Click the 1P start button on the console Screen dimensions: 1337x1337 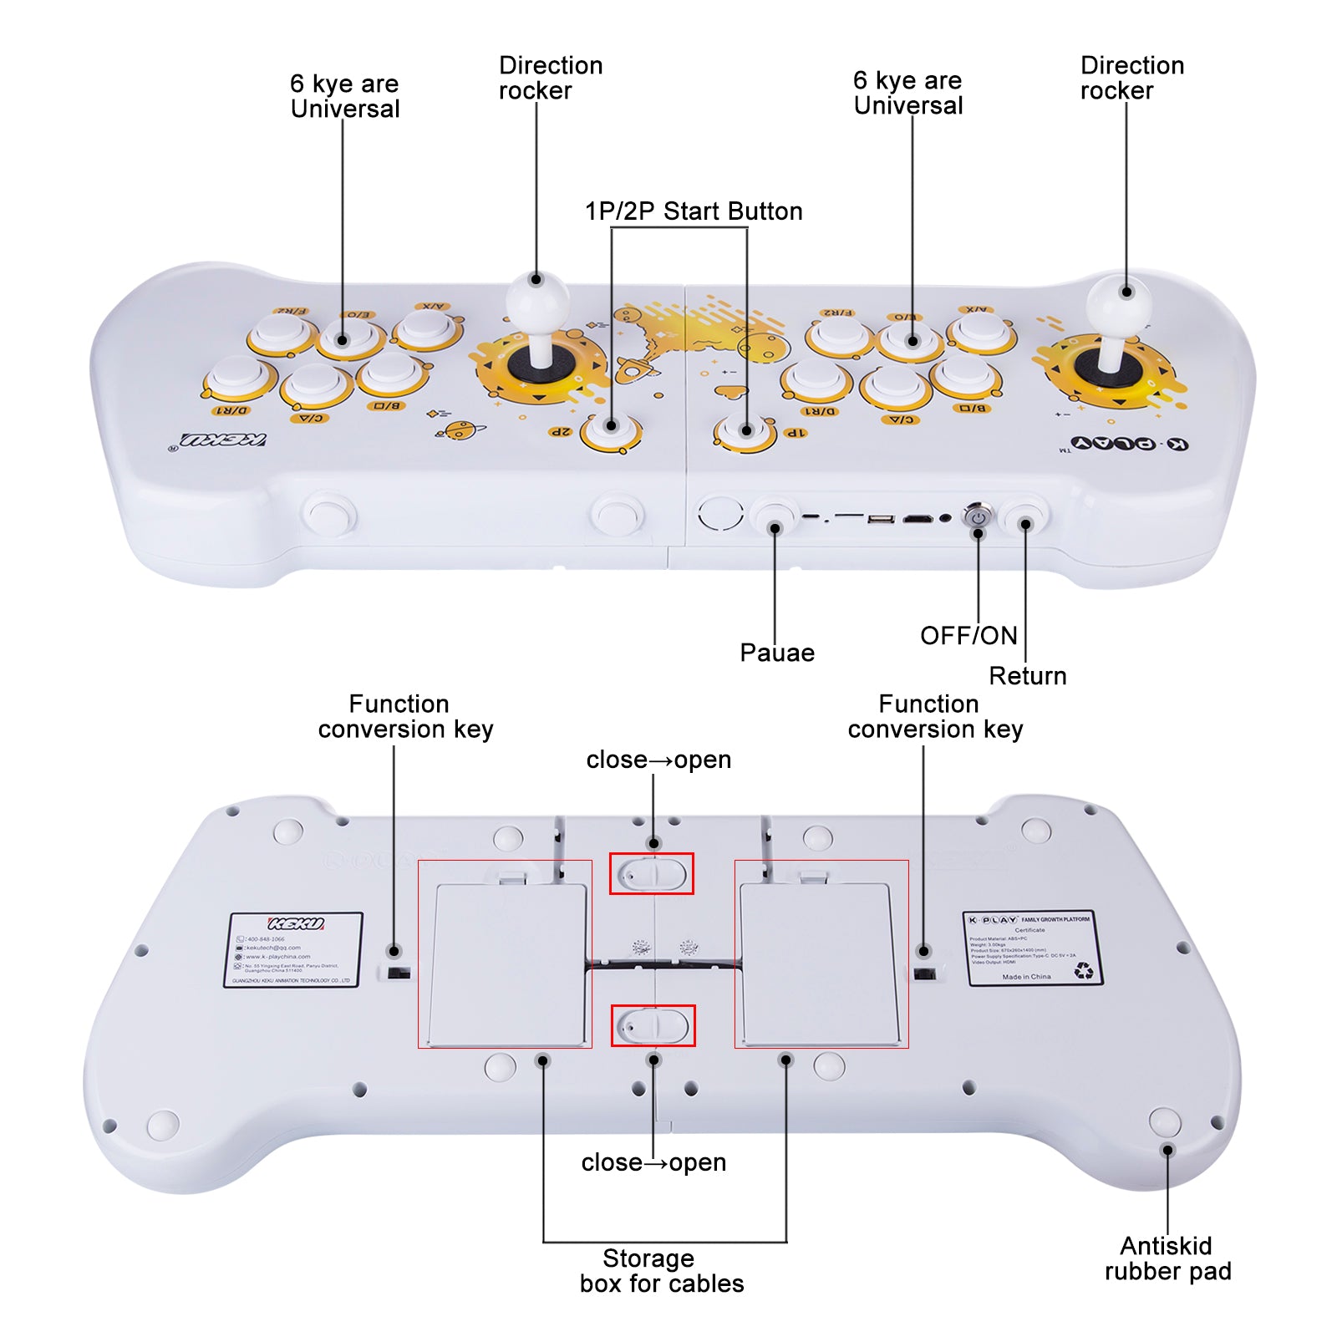click(745, 430)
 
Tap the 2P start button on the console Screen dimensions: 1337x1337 click(611, 427)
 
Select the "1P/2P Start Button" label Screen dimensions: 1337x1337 click(694, 211)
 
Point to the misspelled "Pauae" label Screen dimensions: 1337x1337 click(777, 653)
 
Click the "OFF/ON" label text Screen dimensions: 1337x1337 click(968, 636)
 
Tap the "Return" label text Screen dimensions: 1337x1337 click(1028, 676)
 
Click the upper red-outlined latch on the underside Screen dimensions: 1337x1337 click(652, 874)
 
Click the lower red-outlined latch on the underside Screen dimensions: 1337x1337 click(653, 1025)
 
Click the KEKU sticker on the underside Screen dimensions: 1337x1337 click(294, 950)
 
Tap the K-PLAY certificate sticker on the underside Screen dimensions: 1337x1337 click(1031, 948)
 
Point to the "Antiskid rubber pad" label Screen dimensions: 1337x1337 click(1167, 1258)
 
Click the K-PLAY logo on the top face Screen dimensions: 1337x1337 click(1129, 443)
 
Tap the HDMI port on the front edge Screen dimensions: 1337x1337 click(918, 519)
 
